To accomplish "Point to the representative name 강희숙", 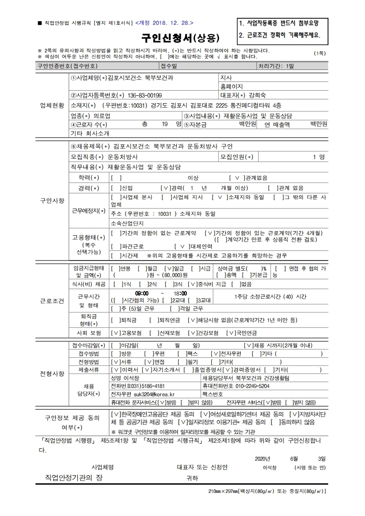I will [x=258, y=95].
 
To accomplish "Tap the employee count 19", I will [x=165, y=124].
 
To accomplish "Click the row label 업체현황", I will [x=52, y=105].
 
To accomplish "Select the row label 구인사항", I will [x=52, y=201].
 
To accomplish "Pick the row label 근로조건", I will [x=52, y=301].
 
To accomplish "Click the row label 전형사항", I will [x=52, y=373].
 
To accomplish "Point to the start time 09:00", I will [x=141, y=293].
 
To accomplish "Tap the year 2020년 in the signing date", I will [x=262, y=458].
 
